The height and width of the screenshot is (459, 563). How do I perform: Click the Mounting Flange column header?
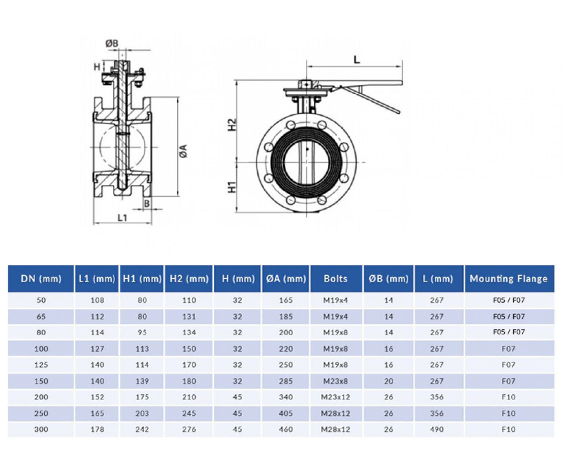pyautogui.click(x=508, y=279)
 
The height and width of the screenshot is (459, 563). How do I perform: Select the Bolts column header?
pyautogui.click(x=335, y=279)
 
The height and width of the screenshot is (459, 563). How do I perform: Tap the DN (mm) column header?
pyautogui.click(x=41, y=279)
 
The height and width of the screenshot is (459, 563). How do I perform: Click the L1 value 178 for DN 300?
pyautogui.click(x=97, y=429)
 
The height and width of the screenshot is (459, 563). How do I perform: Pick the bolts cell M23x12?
pyautogui.click(x=335, y=397)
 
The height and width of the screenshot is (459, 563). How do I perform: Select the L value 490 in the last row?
pyautogui.click(x=437, y=429)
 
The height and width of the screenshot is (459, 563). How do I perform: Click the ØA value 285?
pyautogui.click(x=286, y=381)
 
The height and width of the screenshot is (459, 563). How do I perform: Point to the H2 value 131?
pyautogui.click(x=189, y=316)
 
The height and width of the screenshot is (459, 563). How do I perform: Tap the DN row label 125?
pyautogui.click(x=41, y=365)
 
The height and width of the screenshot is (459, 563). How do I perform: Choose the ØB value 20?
pyautogui.click(x=389, y=381)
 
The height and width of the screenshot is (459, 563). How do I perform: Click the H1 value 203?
pyautogui.click(x=142, y=413)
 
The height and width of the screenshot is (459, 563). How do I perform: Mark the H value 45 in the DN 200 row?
pyautogui.click(x=237, y=397)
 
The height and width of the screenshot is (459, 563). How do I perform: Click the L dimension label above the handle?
pyautogui.click(x=356, y=59)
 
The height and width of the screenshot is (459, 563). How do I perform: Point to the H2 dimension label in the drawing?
pyautogui.click(x=232, y=125)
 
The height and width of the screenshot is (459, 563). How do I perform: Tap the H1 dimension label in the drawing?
pyautogui.click(x=232, y=187)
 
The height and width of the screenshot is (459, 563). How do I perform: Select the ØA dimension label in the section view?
pyautogui.click(x=184, y=151)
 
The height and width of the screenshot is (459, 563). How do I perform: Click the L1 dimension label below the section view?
pyautogui.click(x=122, y=218)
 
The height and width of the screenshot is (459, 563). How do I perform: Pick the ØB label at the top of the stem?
pyautogui.click(x=112, y=43)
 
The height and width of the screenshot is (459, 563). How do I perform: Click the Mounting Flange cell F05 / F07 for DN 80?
pyautogui.click(x=508, y=332)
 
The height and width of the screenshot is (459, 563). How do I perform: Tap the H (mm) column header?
pyautogui.click(x=238, y=279)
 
